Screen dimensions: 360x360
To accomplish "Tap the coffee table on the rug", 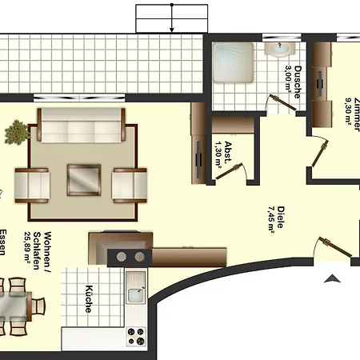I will tap(84, 179).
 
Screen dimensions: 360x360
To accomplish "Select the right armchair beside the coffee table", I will tap(129, 183).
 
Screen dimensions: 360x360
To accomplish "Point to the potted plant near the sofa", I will tap(15, 131).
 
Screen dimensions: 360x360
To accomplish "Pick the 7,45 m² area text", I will tap(272, 216).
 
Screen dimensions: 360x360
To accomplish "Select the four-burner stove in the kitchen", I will tap(136, 334).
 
